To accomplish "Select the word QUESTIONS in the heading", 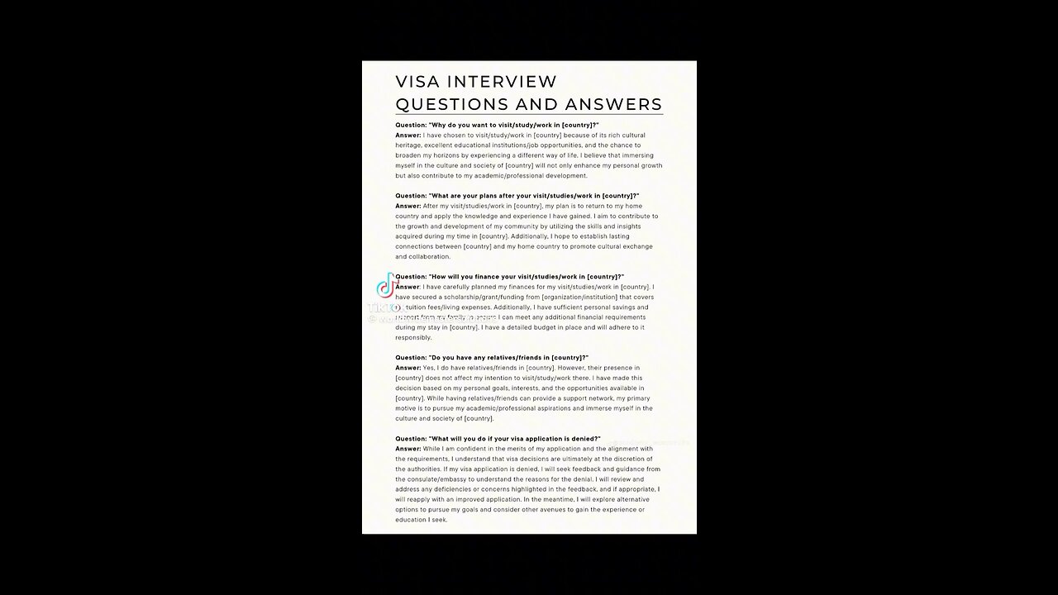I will [451, 104].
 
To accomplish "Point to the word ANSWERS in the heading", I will [613, 104].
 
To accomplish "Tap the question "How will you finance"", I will [509, 277].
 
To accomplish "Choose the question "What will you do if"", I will [498, 439].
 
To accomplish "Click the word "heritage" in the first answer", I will [410, 145].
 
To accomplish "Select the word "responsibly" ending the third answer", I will [414, 337].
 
